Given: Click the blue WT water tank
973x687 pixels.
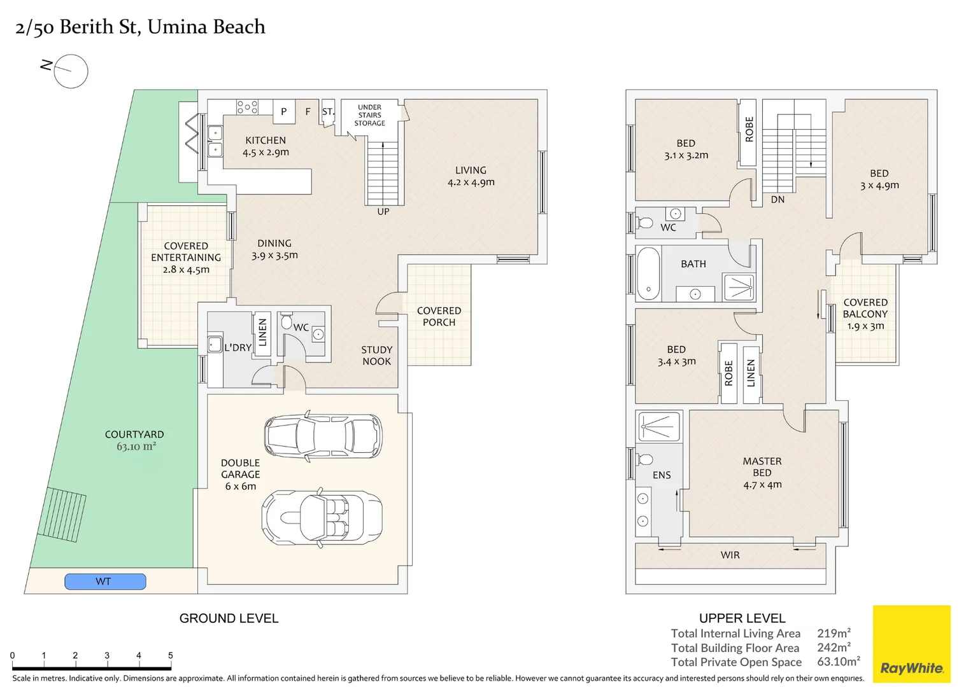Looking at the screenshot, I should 105,581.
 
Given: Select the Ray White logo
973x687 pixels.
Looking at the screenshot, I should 911,644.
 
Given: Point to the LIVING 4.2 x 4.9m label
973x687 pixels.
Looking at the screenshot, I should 471,176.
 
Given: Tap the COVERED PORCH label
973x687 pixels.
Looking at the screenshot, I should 439,317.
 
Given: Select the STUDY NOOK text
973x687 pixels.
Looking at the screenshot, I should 376,356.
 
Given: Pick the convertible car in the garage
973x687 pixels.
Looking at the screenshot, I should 322,517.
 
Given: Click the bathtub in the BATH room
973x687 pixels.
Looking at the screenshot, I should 648,274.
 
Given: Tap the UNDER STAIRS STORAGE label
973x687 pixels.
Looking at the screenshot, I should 369,115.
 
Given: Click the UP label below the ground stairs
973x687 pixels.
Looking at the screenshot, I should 383,212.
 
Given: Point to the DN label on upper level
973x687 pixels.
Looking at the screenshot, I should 778,200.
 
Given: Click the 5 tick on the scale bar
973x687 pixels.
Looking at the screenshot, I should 170,655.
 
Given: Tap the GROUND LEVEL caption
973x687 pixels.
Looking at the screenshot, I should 229,618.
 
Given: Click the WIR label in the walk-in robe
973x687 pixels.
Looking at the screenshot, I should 730,555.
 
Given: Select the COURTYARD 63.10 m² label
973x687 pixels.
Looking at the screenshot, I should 134,440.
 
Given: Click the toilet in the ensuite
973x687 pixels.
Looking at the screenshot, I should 645,459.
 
